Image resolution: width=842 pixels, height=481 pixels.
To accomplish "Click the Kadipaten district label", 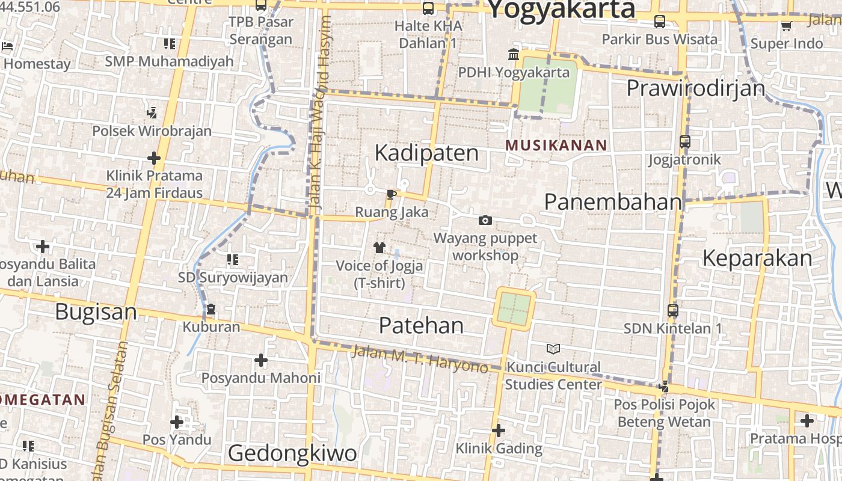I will coord(426,153).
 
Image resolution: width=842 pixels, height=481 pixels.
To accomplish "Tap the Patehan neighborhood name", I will coord(421,325).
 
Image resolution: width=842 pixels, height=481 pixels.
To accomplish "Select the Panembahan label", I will coord(613,202).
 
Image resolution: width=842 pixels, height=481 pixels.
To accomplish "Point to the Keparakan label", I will coord(757,258).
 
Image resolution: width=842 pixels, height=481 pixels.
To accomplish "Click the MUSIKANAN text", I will coord(556,145).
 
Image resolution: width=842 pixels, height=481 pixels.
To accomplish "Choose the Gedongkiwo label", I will coord(292,453).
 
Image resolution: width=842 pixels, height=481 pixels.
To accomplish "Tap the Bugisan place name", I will coord(96,312).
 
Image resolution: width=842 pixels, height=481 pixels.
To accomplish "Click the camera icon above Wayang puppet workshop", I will coord(485,221).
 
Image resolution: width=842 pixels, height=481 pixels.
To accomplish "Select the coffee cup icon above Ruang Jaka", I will coord(392,194).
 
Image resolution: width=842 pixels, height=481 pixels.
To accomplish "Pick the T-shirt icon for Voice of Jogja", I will coord(379,247).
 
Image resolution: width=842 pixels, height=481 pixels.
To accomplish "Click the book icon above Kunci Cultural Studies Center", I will coord(553,349).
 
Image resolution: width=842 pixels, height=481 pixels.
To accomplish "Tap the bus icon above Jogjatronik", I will coord(685,142).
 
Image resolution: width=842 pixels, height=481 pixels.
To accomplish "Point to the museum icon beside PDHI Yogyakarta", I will coord(514,55).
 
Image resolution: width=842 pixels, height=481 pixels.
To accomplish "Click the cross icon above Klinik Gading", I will coord(499,430).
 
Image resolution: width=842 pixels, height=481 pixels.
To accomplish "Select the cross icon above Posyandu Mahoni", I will coord(260,360).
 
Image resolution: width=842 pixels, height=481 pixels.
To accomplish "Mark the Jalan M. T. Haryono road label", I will coord(419,358).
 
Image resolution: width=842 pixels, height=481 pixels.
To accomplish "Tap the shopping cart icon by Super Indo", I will coord(786,26).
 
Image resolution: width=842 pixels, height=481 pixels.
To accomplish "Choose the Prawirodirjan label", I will coord(695,88).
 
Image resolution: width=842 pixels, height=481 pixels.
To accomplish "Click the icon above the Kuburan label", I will coord(211,310).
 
